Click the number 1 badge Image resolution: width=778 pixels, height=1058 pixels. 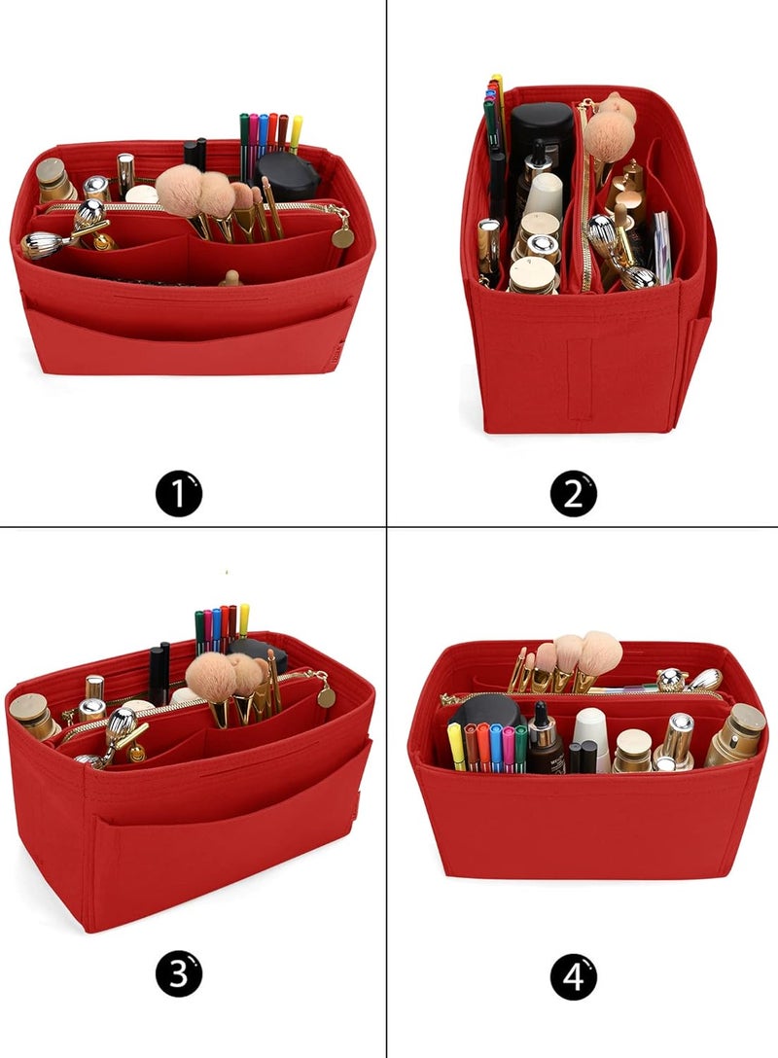coord(179,494)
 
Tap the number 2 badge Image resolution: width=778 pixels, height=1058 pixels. coord(574,494)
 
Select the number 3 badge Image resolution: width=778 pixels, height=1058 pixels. coord(179,973)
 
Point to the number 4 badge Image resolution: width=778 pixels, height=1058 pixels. coord(574,975)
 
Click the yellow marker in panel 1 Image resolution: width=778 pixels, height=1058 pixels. coord(296,133)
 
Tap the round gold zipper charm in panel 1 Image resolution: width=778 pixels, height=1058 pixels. coord(342,237)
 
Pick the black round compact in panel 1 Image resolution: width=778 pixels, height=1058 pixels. coord(287,177)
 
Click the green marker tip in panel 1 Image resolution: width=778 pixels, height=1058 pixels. coord(243,121)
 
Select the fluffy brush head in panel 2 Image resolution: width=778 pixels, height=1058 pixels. coord(610,128)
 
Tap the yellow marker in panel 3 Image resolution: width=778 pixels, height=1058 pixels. coord(243,620)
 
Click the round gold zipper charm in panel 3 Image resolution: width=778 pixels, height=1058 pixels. coord(327,697)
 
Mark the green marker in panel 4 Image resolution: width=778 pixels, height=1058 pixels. coord(520,749)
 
